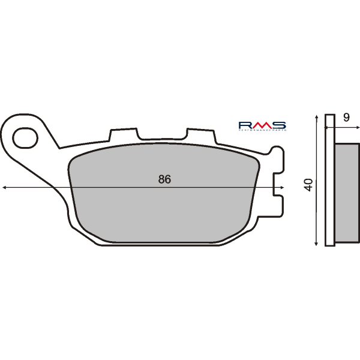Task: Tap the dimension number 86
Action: tap(164, 179)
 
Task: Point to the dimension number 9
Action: tap(347, 119)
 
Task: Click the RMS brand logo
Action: tap(262, 124)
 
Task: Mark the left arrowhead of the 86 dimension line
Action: tap(5, 188)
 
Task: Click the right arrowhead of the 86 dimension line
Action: tap(281, 188)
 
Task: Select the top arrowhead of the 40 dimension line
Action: tap(316, 117)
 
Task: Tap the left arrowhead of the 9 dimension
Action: tap(327, 127)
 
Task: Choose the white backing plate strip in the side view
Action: tap(329, 180)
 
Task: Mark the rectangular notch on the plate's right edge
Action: tap(278, 188)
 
